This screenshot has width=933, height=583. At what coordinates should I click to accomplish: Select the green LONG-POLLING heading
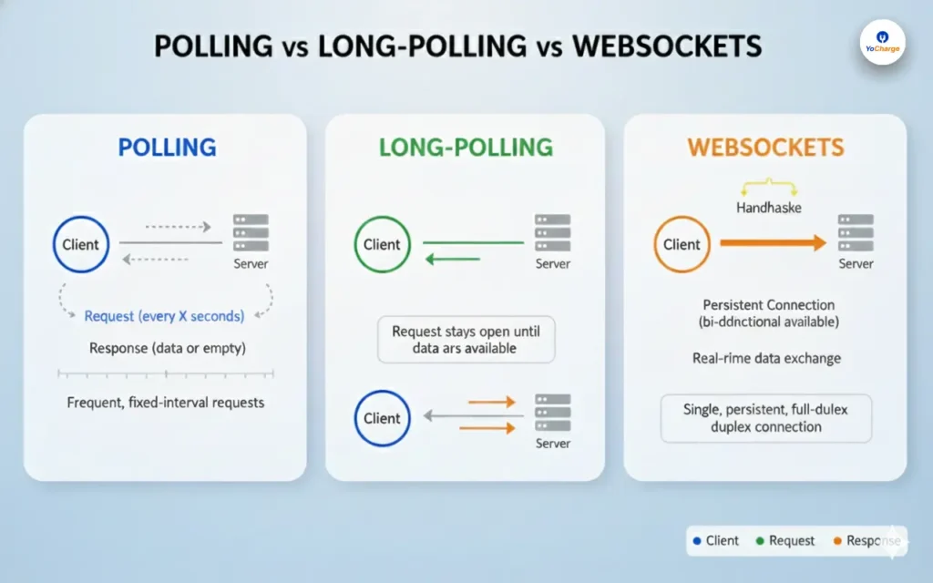(x=466, y=148)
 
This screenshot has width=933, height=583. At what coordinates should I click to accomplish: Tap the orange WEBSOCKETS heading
(x=765, y=148)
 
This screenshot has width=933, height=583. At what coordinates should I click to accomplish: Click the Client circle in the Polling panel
(x=81, y=244)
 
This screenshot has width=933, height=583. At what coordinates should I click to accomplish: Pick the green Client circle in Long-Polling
(x=382, y=244)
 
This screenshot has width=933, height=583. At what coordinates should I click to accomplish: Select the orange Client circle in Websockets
(x=682, y=244)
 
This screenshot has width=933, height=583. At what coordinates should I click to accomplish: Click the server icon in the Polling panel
(x=251, y=234)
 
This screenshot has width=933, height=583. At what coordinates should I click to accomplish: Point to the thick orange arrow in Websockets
(x=773, y=243)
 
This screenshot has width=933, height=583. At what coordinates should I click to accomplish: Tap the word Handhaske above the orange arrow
(x=767, y=208)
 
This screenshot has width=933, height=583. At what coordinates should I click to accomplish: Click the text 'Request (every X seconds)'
(x=164, y=316)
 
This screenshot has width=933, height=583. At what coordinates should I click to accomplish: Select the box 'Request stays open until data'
(x=466, y=340)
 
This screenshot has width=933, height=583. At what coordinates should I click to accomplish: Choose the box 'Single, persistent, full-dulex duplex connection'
(x=765, y=418)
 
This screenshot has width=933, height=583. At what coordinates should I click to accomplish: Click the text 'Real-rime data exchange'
(x=766, y=358)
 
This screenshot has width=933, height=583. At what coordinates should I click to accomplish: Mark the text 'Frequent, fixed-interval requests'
(x=165, y=402)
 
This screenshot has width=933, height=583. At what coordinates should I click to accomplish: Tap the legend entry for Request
(x=784, y=540)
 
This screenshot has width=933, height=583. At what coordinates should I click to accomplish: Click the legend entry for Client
(x=715, y=540)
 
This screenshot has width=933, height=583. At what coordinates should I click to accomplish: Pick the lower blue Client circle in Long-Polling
(x=382, y=418)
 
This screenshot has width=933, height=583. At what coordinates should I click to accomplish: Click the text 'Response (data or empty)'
(x=167, y=348)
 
